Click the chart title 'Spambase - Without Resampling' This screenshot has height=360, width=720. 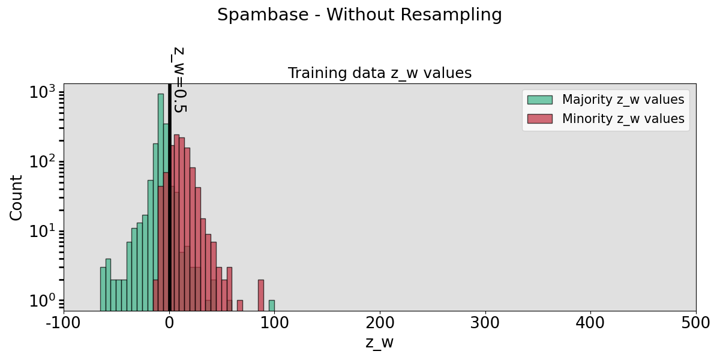[359, 15]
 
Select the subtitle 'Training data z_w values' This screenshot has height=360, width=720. [380, 73]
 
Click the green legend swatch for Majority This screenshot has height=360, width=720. [539, 100]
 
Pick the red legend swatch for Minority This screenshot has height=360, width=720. [539, 119]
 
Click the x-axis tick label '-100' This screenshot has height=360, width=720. [64, 322]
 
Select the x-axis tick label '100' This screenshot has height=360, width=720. [275, 322]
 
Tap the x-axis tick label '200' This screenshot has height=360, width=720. [380, 322]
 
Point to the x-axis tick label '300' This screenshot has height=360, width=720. [485, 322]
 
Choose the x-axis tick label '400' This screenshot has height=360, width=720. [591, 322]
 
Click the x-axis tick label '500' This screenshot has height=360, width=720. [696, 322]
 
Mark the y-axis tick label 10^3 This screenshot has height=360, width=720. [42, 92]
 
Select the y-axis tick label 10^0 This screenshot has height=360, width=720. [42, 300]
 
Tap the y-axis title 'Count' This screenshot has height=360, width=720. [16, 197]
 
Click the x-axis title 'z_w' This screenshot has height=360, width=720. [380, 343]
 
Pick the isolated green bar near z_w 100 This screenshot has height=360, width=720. [272, 305]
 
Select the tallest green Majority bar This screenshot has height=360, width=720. [161, 198]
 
